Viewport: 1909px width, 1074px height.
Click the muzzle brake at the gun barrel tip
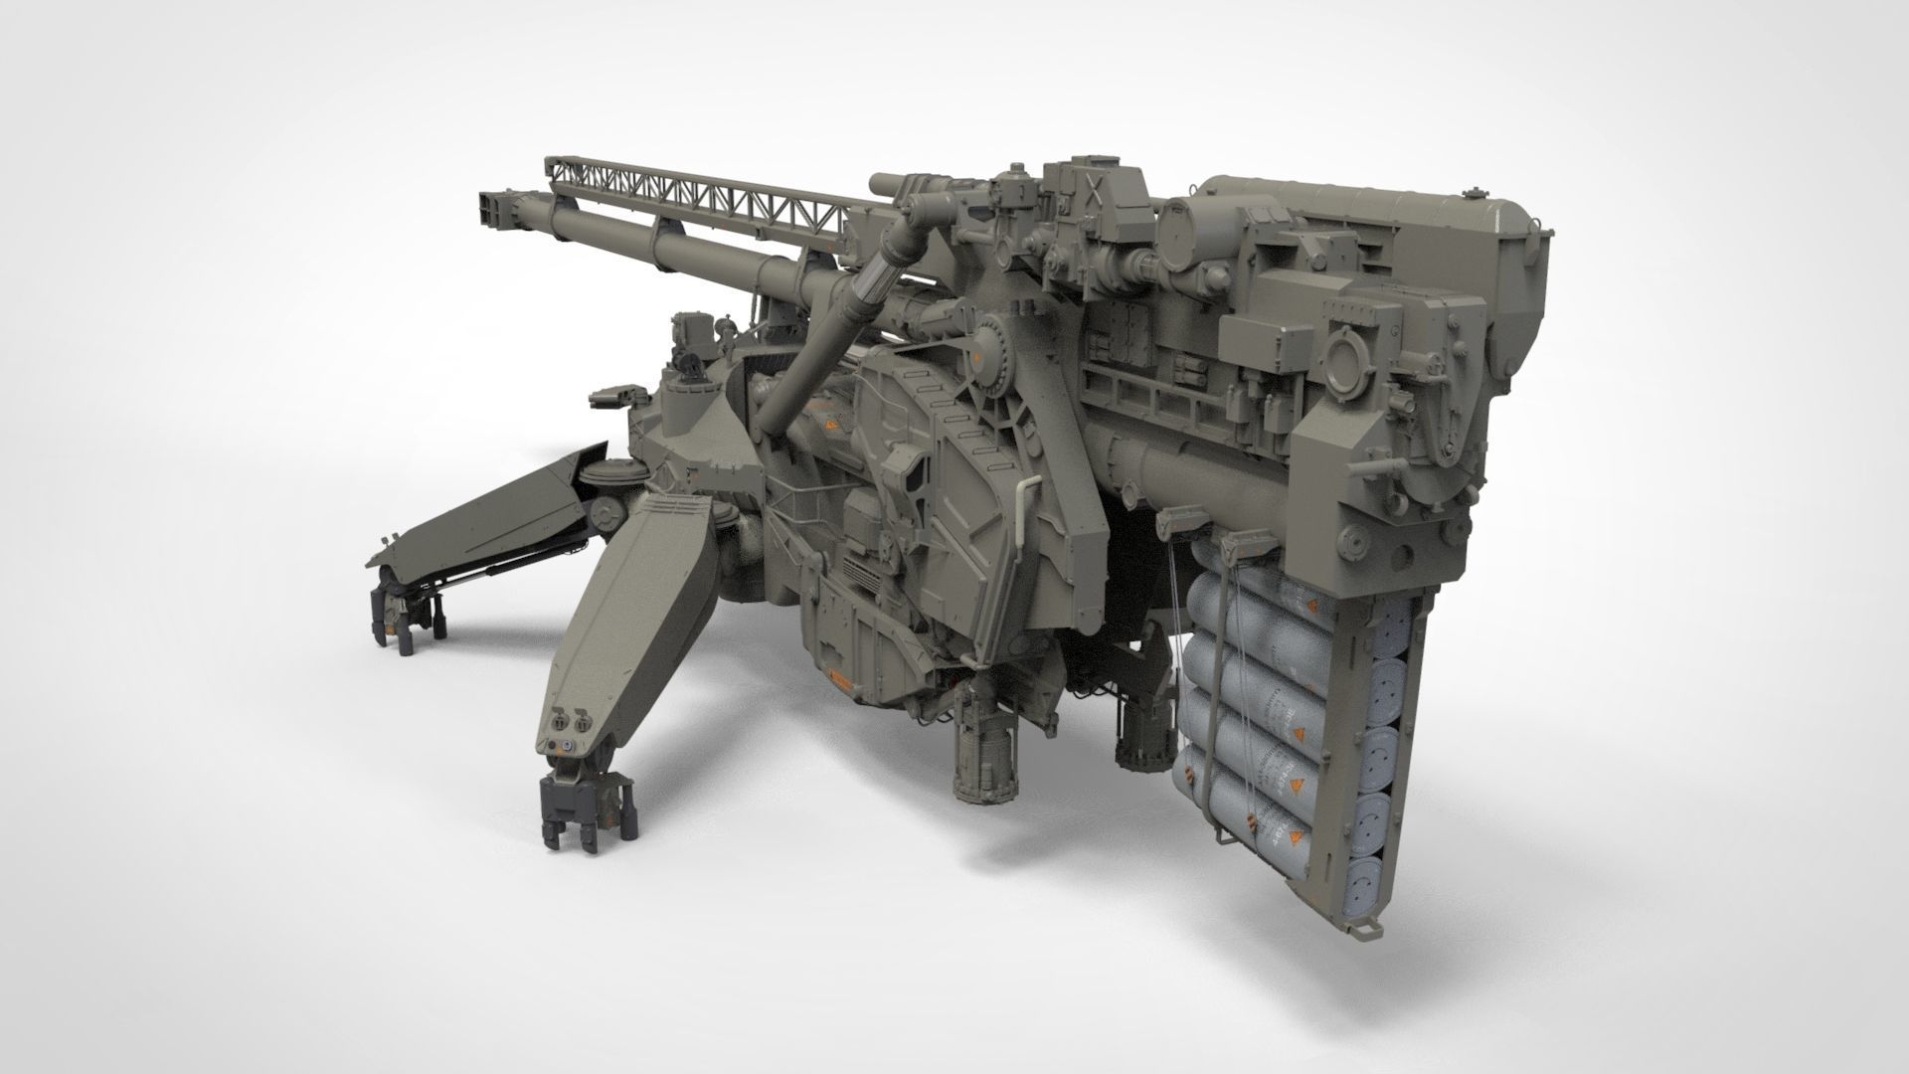[x=495, y=208]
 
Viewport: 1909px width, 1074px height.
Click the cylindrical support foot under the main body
[x=984, y=756]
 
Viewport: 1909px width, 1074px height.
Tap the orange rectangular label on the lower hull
[x=840, y=683]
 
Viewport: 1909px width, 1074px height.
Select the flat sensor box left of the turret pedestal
[x=608, y=397]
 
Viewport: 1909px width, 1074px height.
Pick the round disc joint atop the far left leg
[x=603, y=476]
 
